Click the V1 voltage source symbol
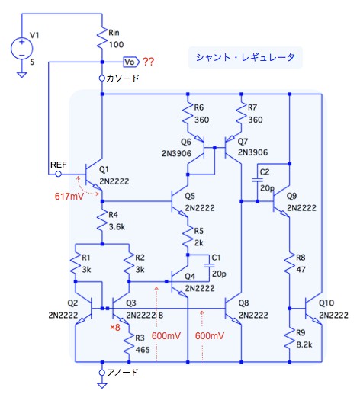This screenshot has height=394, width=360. point(22,49)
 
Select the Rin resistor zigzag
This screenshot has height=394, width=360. point(102,38)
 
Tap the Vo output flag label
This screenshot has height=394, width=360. point(131,62)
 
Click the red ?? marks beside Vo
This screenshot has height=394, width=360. point(148,62)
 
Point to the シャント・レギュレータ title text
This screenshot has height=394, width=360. point(245,57)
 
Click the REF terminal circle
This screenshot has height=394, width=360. point(59,175)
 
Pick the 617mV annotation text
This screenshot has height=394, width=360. point(69,196)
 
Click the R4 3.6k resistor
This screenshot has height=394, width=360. point(102,221)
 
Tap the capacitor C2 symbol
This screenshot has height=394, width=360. point(257,180)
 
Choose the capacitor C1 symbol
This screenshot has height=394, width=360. point(209,265)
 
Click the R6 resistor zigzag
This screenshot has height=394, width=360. point(188,113)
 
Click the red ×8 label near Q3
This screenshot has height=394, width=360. point(114,327)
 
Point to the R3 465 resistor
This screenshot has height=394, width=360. point(129,344)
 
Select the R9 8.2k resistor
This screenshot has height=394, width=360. point(289,338)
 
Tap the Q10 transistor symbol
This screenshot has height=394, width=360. point(313,309)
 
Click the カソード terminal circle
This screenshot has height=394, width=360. point(102,78)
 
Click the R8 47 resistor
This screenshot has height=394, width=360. point(289,264)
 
